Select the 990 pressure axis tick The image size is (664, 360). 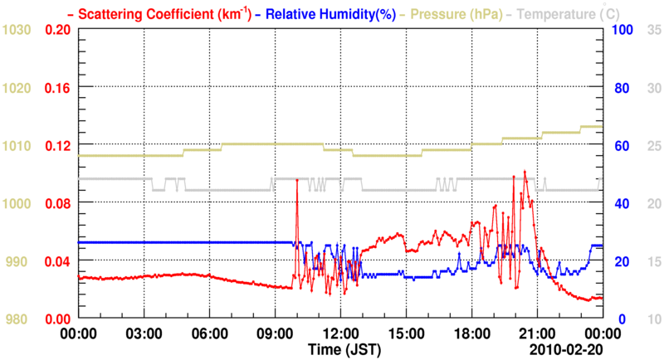pyautogui.click(x=17, y=261)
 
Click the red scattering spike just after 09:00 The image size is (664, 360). pyautogui.click(x=296, y=179)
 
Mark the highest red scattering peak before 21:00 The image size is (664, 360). pyautogui.click(x=525, y=172)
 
